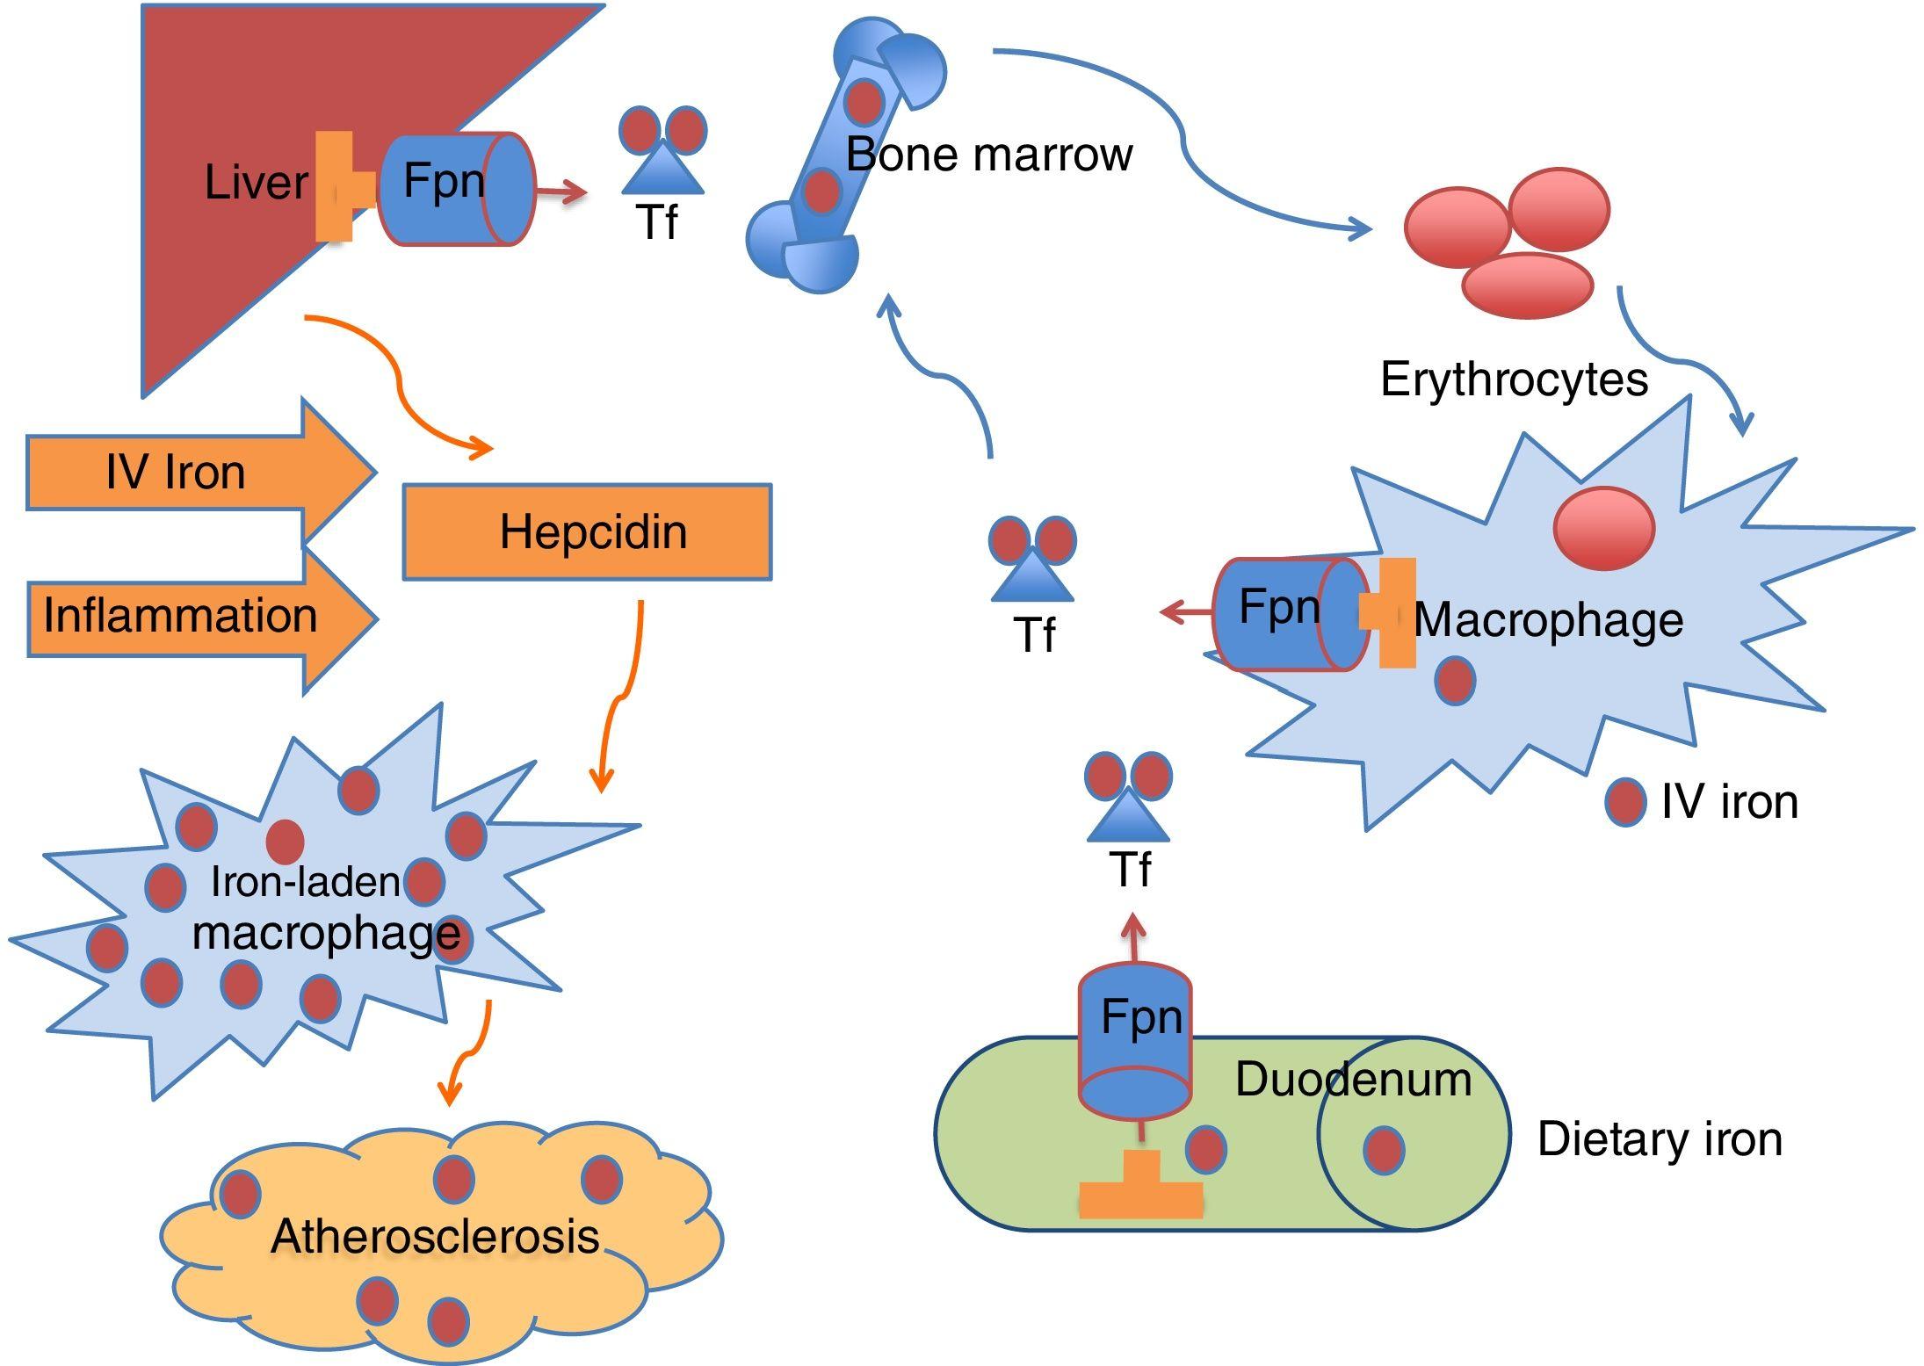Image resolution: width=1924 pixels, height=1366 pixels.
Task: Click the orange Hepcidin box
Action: click(x=587, y=531)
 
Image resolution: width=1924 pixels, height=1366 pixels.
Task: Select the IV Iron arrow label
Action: click(x=176, y=473)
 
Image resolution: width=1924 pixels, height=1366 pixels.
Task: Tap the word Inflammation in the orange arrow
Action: click(x=180, y=615)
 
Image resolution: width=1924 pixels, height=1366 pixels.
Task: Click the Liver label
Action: click(x=256, y=183)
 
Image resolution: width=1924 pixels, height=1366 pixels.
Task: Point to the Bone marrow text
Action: click(x=988, y=155)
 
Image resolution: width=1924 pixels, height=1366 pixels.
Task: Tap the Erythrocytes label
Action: click(x=1514, y=379)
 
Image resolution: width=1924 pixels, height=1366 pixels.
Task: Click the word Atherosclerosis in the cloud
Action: click(x=435, y=1236)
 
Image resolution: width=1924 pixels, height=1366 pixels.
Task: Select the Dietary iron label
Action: click(x=1660, y=1139)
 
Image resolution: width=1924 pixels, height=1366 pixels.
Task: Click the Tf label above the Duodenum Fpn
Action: click(x=1130, y=870)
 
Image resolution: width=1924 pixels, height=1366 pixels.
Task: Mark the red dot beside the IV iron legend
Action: click(x=1624, y=802)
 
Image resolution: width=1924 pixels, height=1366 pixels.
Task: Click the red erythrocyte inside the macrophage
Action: click(x=1604, y=529)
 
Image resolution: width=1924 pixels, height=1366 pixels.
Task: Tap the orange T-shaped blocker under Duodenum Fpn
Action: click(x=1140, y=1190)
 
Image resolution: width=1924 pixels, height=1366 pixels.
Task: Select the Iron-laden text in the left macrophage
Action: click(x=305, y=882)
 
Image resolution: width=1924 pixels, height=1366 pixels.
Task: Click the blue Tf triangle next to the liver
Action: click(x=662, y=171)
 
